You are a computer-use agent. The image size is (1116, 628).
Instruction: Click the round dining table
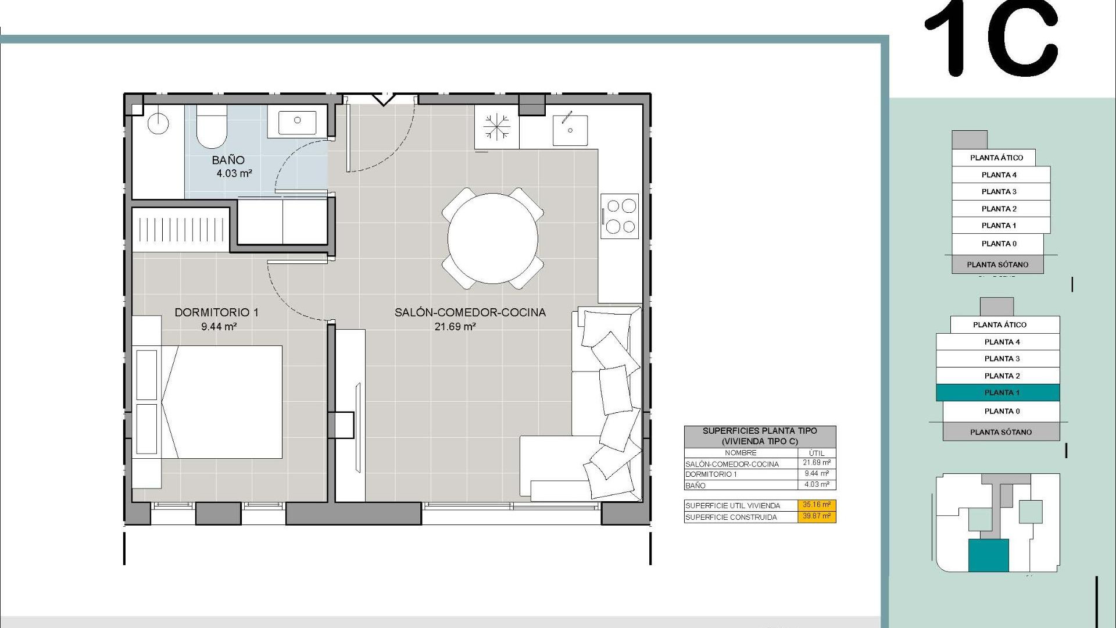click(x=492, y=238)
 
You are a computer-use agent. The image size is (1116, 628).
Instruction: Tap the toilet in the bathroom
click(x=211, y=128)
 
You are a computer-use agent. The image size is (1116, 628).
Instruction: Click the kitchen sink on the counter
click(x=570, y=130)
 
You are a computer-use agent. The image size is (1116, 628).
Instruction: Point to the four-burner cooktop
click(x=620, y=216)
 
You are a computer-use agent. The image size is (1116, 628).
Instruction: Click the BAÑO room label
click(x=228, y=160)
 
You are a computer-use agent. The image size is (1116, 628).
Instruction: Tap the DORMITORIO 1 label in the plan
click(x=216, y=312)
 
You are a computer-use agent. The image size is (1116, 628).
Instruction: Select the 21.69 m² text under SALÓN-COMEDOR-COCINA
click(x=455, y=327)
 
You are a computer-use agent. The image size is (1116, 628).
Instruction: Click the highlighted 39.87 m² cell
click(x=816, y=516)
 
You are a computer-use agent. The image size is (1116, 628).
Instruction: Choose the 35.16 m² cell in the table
click(x=816, y=505)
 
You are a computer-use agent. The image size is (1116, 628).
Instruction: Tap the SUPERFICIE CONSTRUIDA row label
click(x=731, y=517)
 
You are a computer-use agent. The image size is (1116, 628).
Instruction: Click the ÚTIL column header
click(x=816, y=452)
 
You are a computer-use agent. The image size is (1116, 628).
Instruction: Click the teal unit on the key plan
click(x=988, y=555)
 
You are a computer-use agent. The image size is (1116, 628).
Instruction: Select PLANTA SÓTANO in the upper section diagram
click(x=997, y=265)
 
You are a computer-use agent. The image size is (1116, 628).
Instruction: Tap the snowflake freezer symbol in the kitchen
click(x=496, y=127)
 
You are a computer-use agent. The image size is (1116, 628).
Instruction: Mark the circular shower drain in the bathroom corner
click(x=158, y=123)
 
